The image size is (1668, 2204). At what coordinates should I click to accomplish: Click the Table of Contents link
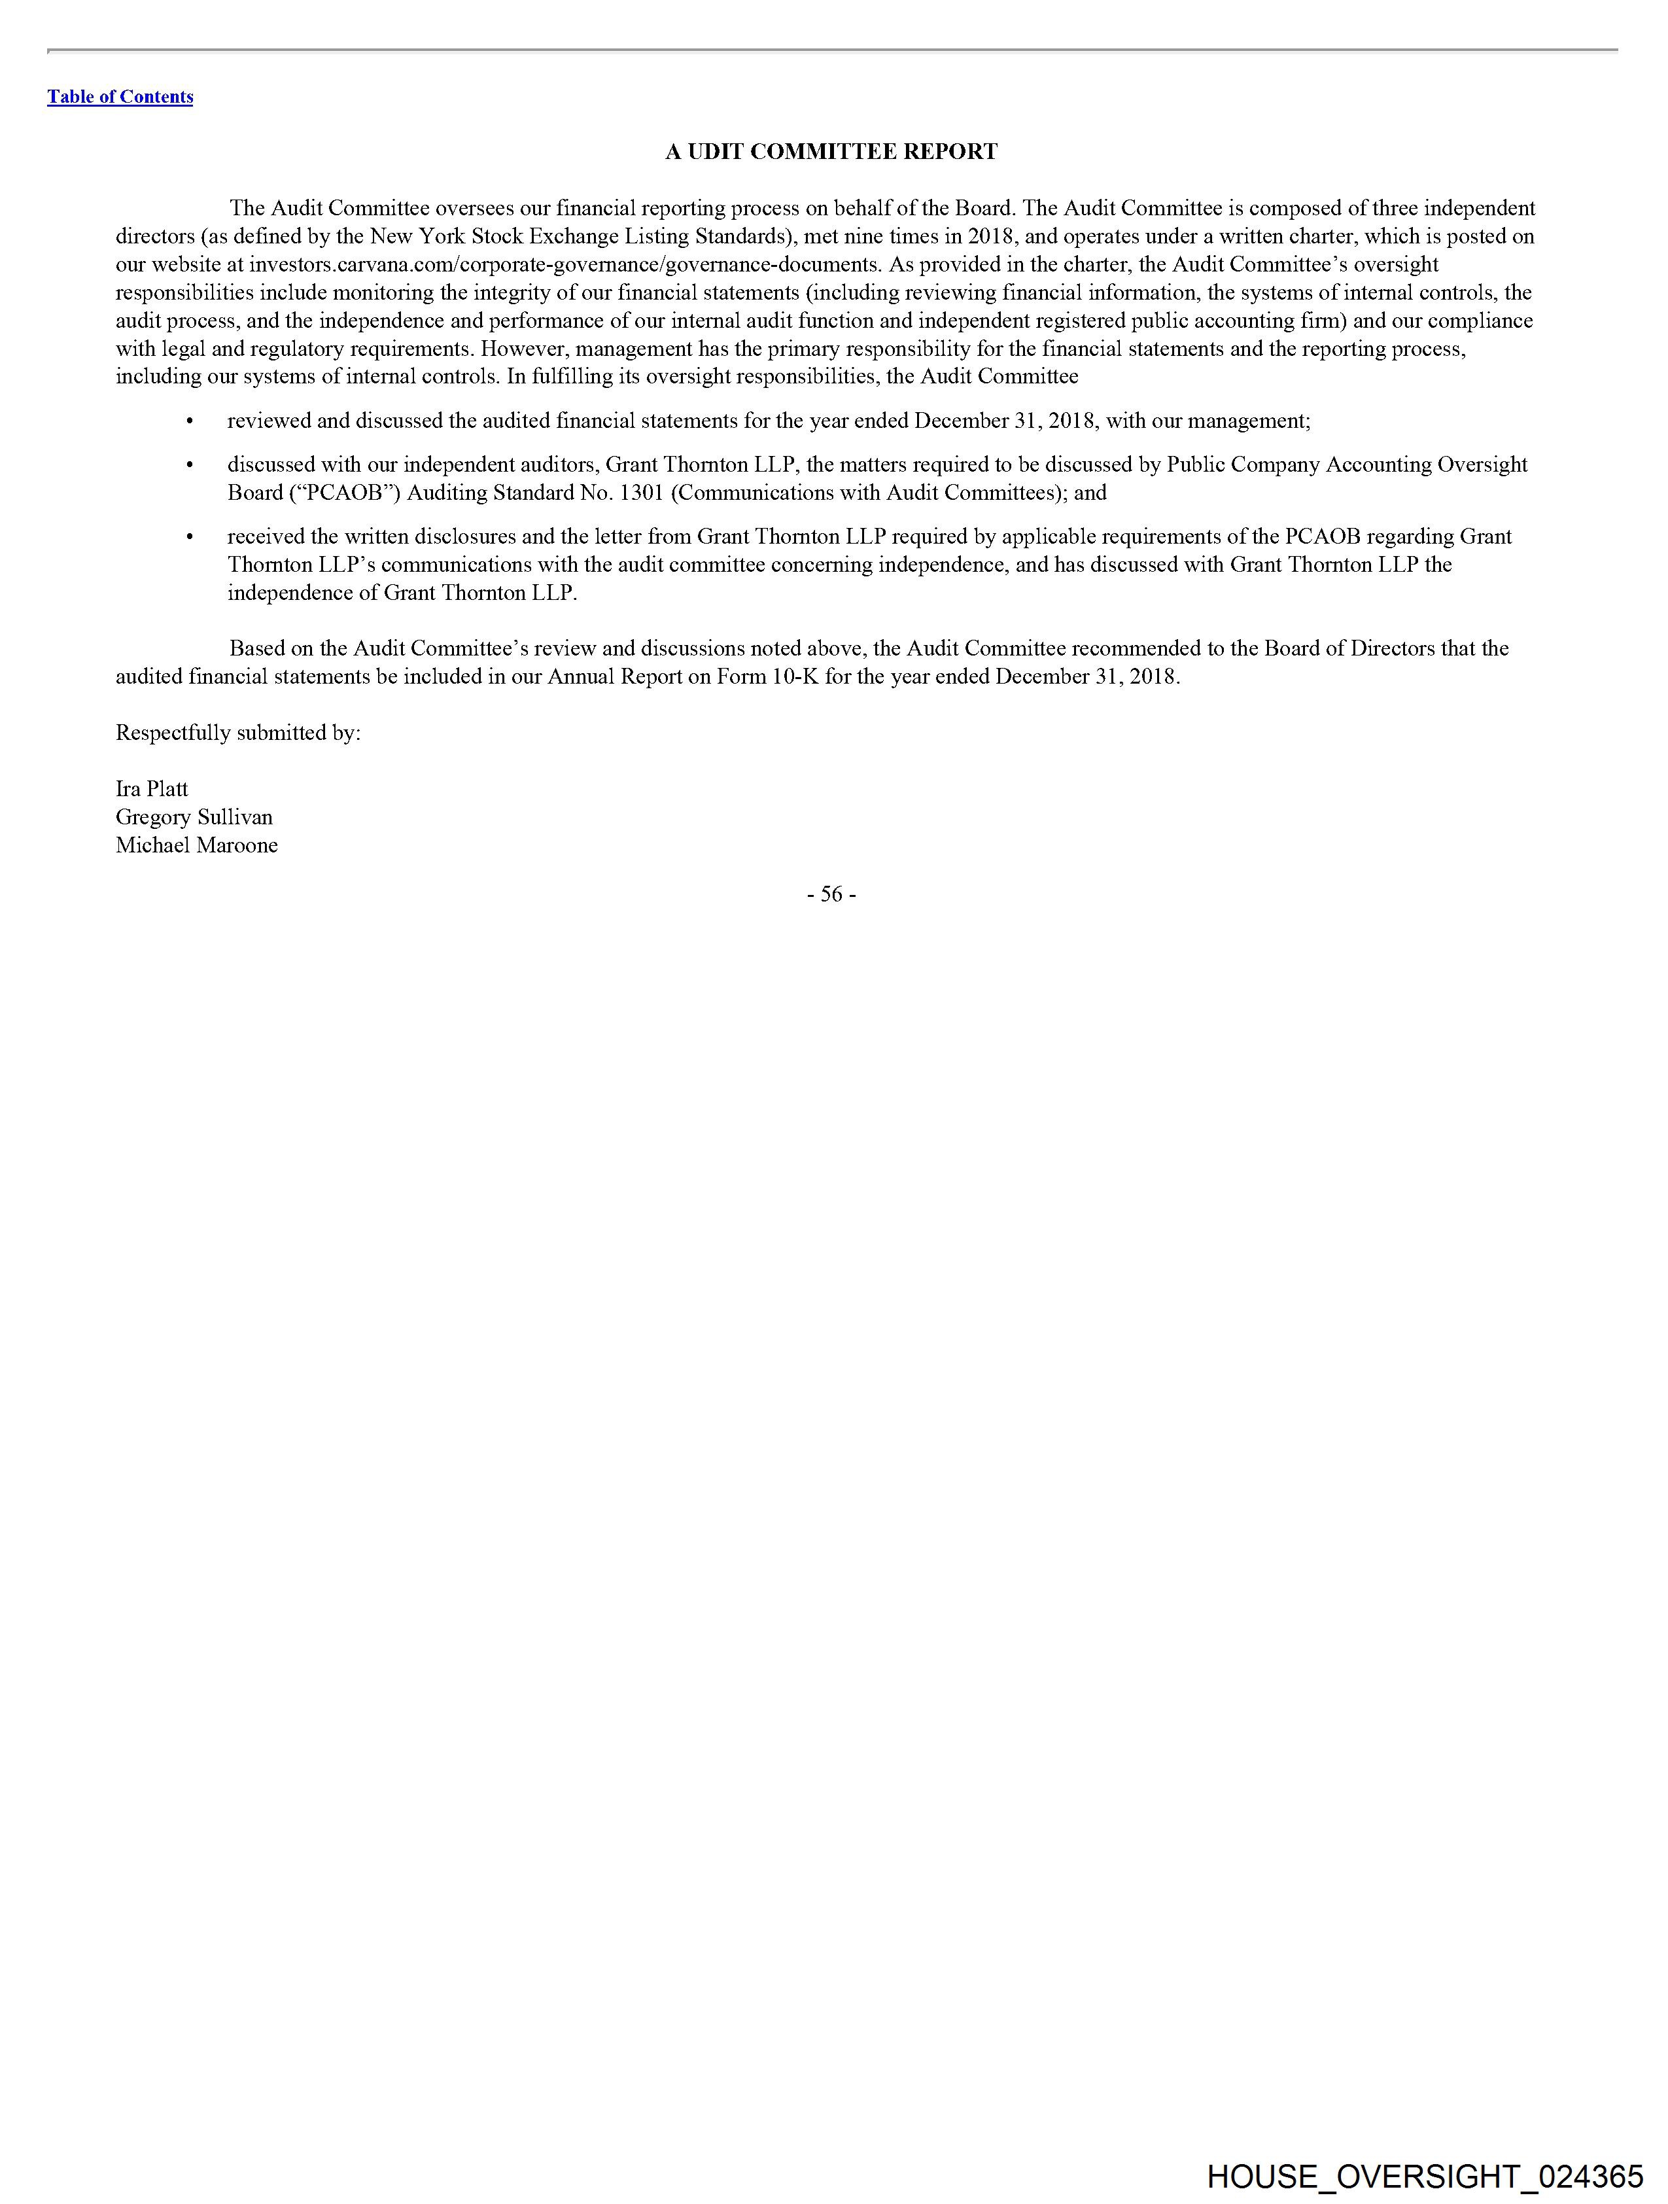coord(120,97)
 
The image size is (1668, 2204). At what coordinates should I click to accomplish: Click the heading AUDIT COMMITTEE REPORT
coord(831,152)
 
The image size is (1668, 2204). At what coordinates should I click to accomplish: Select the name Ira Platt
coord(152,788)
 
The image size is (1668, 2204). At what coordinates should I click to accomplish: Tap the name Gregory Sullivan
coord(194,817)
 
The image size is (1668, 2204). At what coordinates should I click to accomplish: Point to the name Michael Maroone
coord(196,845)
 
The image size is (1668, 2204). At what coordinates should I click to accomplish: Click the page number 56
coord(831,895)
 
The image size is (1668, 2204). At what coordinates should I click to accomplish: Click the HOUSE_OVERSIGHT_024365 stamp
coord(1424,2176)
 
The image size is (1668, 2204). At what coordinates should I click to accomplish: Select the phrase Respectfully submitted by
coord(238,732)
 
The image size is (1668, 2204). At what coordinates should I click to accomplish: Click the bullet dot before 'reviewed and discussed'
coord(189,421)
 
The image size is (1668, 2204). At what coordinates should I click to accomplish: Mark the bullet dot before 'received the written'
coord(189,537)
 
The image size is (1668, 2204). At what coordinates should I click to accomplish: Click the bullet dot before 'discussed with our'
coord(189,465)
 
